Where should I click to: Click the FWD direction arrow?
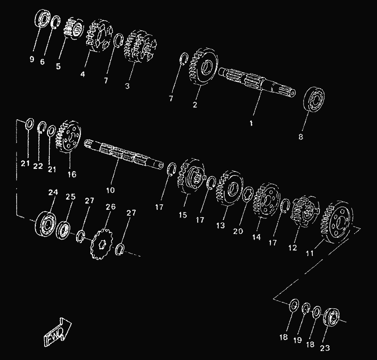coord(58,332)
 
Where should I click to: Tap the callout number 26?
coord(111,207)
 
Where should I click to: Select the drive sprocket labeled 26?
coord(101,244)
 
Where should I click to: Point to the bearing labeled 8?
coord(314,99)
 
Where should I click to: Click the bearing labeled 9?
coord(43,19)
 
